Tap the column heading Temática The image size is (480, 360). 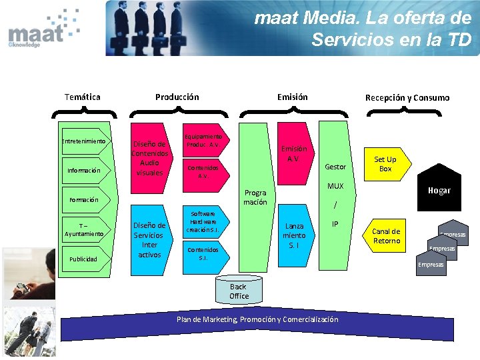pyautogui.click(x=83, y=97)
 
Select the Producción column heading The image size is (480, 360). pyautogui.click(x=177, y=97)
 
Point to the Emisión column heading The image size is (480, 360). pyautogui.click(x=293, y=97)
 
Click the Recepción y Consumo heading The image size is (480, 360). pyautogui.click(x=407, y=98)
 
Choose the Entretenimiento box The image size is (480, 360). pyautogui.click(x=84, y=141)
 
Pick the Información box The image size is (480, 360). pyautogui.click(x=84, y=171)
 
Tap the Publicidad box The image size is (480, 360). pyautogui.click(x=84, y=259)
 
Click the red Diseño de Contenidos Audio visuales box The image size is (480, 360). pyautogui.click(x=149, y=157)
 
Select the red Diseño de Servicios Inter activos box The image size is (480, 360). pyautogui.click(x=149, y=239)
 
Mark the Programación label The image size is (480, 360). pyautogui.click(x=255, y=197)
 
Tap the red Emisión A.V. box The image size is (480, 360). pyautogui.click(x=294, y=153)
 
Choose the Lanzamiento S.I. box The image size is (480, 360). pyautogui.click(x=294, y=235)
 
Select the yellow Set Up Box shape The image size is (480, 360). pyautogui.click(x=385, y=164)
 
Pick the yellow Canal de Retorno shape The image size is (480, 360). pyautogui.click(x=386, y=236)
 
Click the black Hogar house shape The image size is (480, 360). pyautogui.click(x=439, y=190)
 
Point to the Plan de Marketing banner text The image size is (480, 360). pyautogui.click(x=257, y=319)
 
